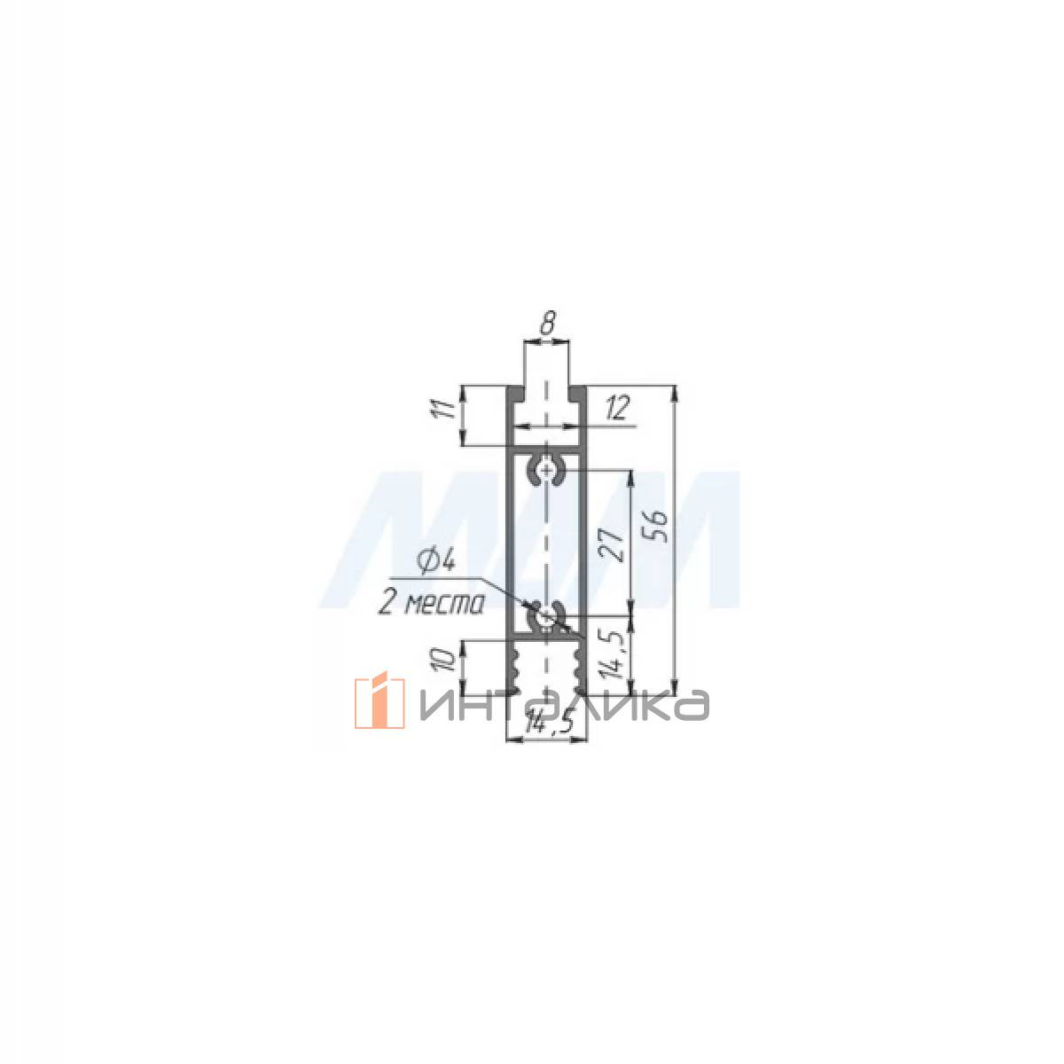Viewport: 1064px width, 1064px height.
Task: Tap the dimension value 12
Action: [617, 409]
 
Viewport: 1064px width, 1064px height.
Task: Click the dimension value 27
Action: [613, 546]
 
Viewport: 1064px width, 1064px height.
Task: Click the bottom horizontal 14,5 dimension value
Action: [547, 724]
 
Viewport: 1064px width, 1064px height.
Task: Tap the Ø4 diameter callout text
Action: [438, 563]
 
